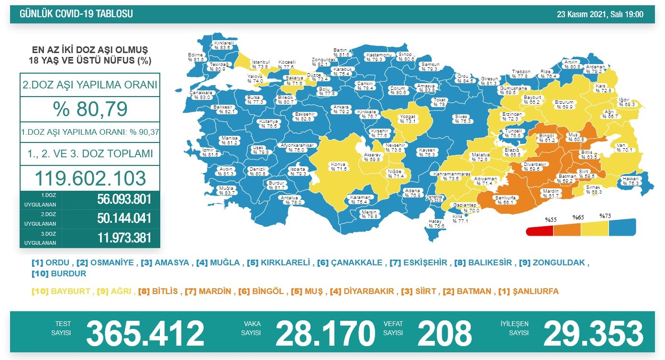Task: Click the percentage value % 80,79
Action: (90, 109)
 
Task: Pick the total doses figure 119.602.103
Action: (90, 178)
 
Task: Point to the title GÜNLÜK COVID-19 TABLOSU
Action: (76, 14)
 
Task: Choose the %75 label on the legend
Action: (606, 216)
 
